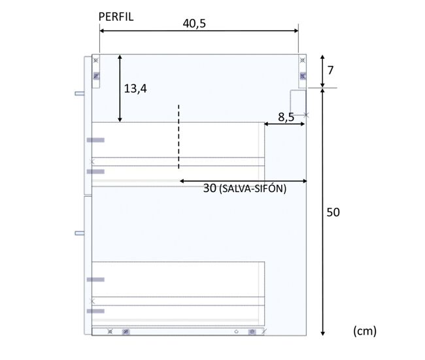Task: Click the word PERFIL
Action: [x=116, y=17]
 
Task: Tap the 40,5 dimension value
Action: [x=194, y=24]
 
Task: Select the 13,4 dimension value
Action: [x=135, y=89]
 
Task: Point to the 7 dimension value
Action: [x=330, y=71]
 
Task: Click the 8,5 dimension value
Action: [x=286, y=117]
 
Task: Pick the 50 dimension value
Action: [x=333, y=212]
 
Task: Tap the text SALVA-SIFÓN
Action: [x=252, y=189]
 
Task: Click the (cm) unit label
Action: [x=365, y=331]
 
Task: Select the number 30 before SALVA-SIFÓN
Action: [x=210, y=188]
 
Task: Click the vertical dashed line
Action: [x=178, y=137]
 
